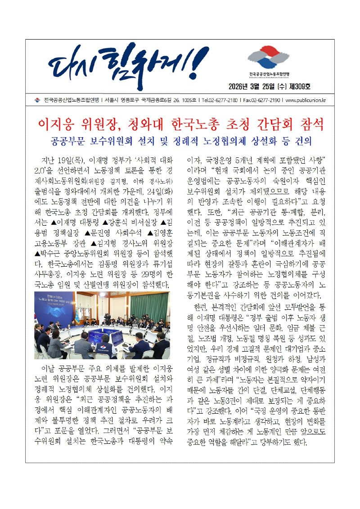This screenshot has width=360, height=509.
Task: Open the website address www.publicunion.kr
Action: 306,100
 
